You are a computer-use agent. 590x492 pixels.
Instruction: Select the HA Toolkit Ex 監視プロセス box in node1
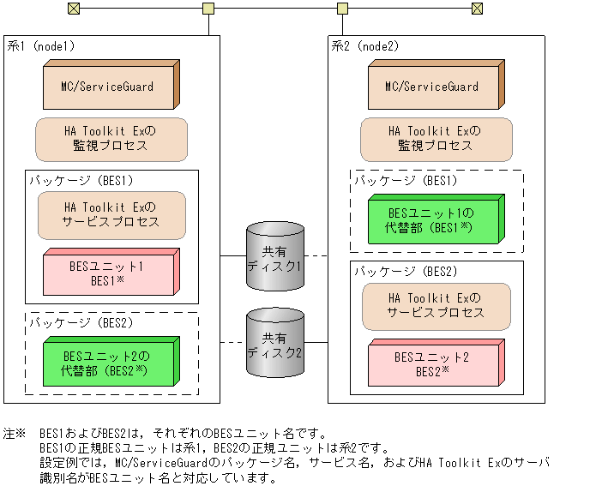click(x=111, y=139)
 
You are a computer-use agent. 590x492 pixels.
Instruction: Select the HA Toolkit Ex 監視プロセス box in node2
click(x=436, y=139)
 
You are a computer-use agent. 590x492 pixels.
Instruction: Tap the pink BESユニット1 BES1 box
click(x=111, y=273)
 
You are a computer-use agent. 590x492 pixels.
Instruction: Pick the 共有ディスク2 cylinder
click(x=274, y=345)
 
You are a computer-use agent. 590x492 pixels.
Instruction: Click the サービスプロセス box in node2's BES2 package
click(x=436, y=306)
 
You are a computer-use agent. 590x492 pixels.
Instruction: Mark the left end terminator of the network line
click(x=73, y=9)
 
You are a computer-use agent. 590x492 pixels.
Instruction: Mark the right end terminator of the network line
click(x=477, y=9)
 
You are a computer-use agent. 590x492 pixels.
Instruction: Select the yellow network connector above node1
click(x=208, y=9)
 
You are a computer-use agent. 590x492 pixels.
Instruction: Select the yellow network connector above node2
click(x=342, y=9)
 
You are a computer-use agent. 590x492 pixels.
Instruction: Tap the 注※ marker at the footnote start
click(x=15, y=434)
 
